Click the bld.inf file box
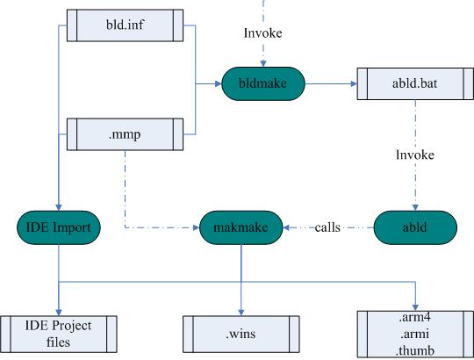coord(125,25)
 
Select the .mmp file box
coord(125,134)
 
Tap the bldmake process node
coord(263,83)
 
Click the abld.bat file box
coord(415,83)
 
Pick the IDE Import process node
coord(58,227)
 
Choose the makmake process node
coord(241,227)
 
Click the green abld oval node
coord(415,227)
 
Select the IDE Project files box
coord(58,334)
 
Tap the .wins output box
coord(241,334)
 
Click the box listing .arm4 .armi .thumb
coord(415,334)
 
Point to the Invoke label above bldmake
coord(263,33)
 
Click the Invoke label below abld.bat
coord(415,155)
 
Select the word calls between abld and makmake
coord(327,227)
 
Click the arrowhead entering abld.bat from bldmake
coord(354,83)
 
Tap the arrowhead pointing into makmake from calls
coord(286,227)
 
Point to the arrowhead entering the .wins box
coord(241,313)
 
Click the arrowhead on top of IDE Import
coord(59,207)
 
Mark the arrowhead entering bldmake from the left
coord(219,83)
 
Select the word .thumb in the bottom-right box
coord(415,350)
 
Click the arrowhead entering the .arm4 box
coord(415,307)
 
